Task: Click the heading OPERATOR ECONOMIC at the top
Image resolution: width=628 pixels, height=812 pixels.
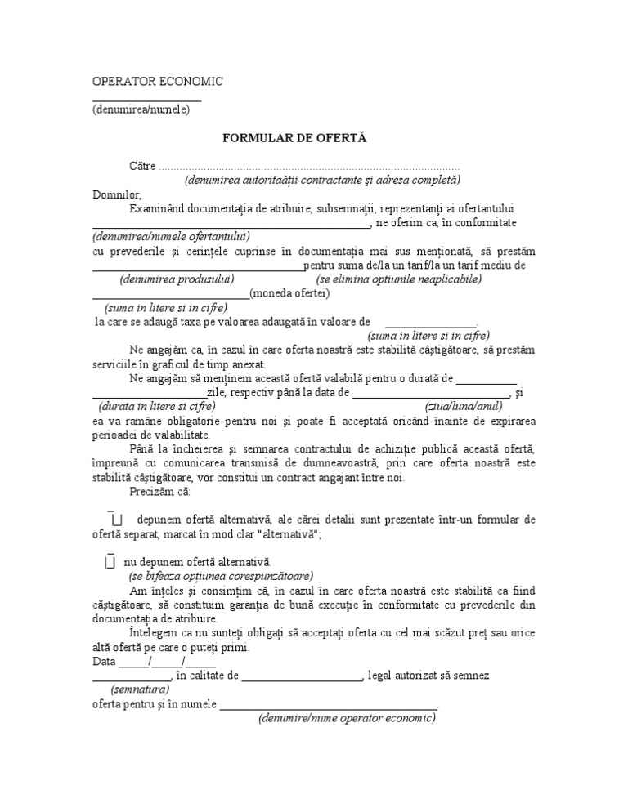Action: coord(157,82)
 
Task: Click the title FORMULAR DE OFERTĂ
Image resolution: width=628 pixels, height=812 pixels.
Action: coord(283,138)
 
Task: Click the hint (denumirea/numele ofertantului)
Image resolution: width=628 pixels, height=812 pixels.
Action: coord(157,237)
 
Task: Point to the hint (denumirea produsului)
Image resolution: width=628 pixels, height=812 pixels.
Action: coord(176,279)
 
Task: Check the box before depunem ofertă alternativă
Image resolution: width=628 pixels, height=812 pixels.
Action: coord(115,520)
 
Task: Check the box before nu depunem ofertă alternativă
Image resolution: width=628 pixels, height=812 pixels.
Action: coord(110,562)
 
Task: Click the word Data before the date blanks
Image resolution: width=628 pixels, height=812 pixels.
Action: coord(105,662)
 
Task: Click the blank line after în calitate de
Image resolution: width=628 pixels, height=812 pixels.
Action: coord(302,676)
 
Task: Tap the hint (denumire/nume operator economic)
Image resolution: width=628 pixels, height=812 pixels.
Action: coord(347,718)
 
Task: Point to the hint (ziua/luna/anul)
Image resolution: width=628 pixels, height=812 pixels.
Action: coord(464,406)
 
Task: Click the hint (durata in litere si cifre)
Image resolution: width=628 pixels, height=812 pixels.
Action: coord(157,406)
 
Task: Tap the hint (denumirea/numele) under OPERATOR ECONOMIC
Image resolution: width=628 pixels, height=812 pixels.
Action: coord(141,110)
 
